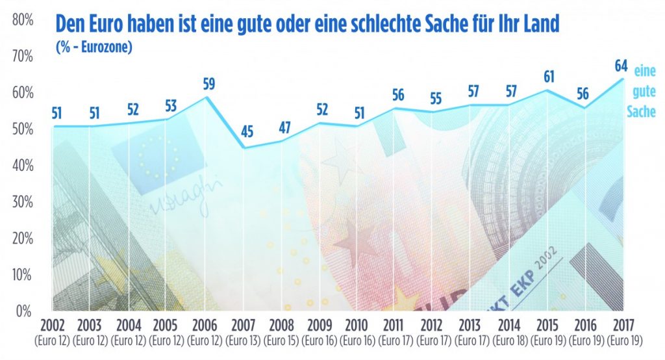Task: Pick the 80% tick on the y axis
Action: pyautogui.click(x=23, y=20)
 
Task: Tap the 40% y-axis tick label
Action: pyautogui.click(x=23, y=166)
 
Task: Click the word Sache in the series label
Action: pyautogui.click(x=641, y=112)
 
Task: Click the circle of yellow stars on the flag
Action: pyautogui.click(x=156, y=157)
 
